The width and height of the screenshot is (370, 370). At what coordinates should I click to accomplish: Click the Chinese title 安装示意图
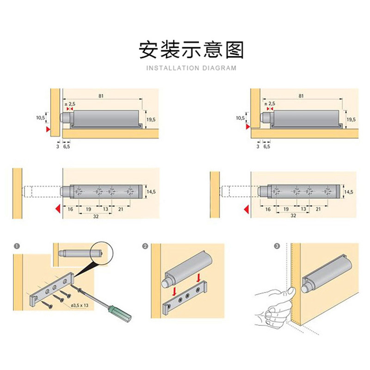(x=191, y=50)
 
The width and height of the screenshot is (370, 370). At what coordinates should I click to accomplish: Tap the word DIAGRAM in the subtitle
(x=219, y=68)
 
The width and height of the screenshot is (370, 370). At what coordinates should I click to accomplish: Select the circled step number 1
(x=17, y=246)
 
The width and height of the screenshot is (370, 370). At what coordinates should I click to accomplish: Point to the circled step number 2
(x=146, y=246)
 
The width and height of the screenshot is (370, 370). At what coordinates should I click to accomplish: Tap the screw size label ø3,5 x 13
(x=81, y=306)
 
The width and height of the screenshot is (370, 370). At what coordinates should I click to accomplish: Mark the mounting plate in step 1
(x=51, y=289)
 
